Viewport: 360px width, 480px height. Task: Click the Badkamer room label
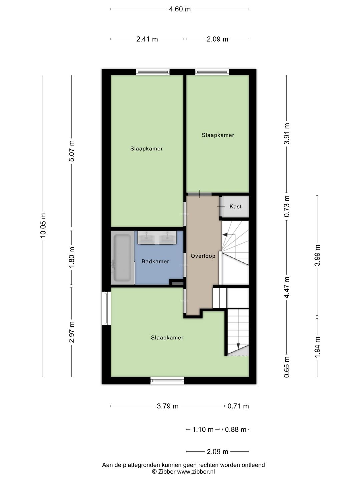pos(155,261)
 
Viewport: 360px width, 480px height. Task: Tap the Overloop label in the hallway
pos(203,256)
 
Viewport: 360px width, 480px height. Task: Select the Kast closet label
pos(235,207)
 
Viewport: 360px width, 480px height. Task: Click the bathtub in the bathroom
pos(122,258)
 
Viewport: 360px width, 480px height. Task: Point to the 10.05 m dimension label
pos(43,225)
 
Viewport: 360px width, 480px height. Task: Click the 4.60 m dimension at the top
pos(180,9)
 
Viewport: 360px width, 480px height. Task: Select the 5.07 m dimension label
pos(72,151)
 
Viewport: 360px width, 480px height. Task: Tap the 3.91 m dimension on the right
pos(287,134)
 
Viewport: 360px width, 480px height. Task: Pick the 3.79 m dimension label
pos(168,406)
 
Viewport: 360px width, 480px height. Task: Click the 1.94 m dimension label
pos(317,347)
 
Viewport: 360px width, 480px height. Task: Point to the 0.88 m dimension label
pos(236,430)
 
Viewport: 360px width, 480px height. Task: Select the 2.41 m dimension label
pos(147,39)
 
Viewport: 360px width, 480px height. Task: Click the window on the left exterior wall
pos(106,308)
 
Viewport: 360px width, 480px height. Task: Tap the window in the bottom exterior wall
pos(167,380)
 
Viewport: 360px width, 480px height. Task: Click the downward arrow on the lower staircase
pos(238,345)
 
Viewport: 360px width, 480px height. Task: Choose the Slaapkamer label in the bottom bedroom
pos(167,338)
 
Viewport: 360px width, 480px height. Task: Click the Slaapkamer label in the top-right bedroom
pos(218,135)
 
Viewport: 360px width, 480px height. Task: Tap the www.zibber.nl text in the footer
pos(196,472)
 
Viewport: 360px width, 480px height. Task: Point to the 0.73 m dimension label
pos(287,206)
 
